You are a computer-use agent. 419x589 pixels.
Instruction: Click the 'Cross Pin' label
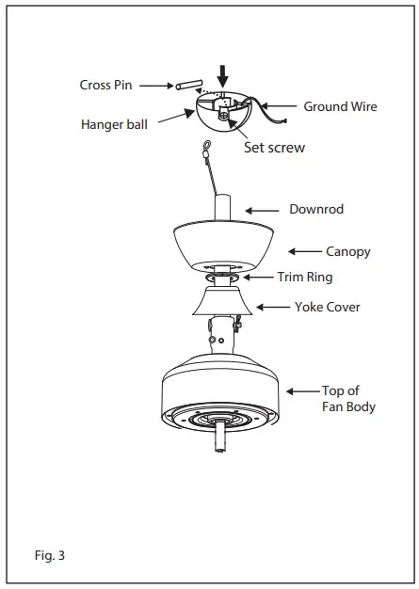[x=106, y=85]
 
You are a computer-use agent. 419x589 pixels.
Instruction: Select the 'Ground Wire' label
[x=340, y=106]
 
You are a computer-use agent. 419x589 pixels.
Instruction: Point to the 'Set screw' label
[x=274, y=148]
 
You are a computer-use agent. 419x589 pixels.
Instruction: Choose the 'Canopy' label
[x=347, y=251]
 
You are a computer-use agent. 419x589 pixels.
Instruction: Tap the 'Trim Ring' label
[x=304, y=278]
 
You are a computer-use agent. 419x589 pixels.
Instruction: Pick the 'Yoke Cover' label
[x=327, y=307]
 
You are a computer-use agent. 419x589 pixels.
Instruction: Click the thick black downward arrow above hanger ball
[x=223, y=72]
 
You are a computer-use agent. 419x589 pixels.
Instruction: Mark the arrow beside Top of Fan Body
[x=303, y=390]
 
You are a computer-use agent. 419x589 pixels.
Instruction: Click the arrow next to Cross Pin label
[x=154, y=85]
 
